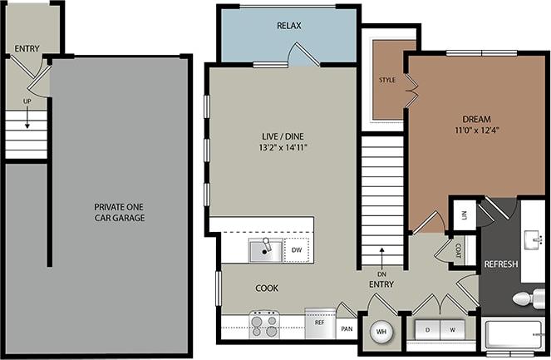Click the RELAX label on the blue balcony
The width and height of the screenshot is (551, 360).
[x=288, y=26]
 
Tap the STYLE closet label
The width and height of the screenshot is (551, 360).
[x=387, y=81]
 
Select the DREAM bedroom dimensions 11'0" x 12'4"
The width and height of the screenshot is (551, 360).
[x=476, y=130]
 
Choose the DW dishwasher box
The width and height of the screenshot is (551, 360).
[x=296, y=249]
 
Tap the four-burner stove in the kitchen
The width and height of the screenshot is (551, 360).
[x=265, y=323]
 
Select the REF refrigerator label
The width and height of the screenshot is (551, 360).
[x=319, y=321]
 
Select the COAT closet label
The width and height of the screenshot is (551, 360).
[x=458, y=248]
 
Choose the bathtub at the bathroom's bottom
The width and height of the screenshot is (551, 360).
[x=513, y=338]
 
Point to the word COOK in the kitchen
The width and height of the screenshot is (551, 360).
[x=267, y=288]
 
